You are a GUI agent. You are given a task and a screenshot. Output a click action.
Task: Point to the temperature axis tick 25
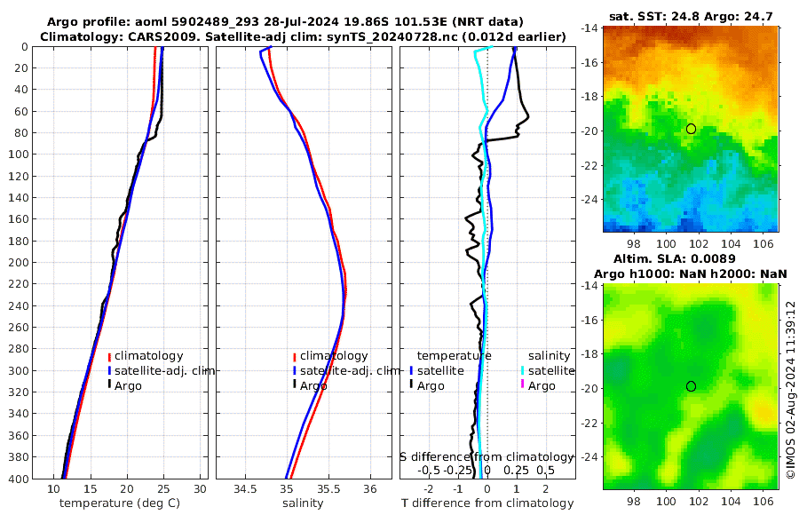tap(163, 489)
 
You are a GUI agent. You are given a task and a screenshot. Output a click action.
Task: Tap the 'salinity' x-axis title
tap(302, 503)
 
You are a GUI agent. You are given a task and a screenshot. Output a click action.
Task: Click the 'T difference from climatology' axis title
tap(487, 503)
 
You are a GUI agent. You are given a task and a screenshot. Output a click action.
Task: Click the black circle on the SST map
tap(691, 129)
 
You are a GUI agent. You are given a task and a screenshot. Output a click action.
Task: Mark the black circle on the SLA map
tap(691, 386)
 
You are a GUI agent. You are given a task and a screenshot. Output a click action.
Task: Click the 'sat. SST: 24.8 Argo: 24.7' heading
tap(692, 16)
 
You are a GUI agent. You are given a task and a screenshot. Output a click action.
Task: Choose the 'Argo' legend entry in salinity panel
tap(313, 385)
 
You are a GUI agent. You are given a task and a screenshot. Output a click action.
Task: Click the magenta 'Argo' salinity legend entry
tap(542, 385)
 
